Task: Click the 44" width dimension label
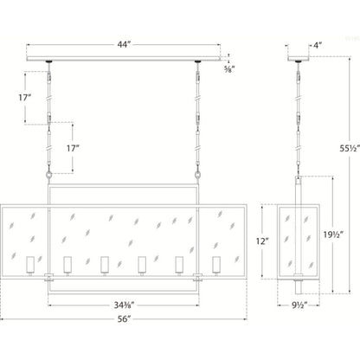click(124, 45)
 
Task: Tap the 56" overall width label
click(124, 319)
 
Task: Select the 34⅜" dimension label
click(124, 305)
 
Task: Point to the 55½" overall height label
click(350, 148)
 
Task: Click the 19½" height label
click(333, 235)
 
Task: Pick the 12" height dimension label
click(262, 241)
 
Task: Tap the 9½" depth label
click(298, 305)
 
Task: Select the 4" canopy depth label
click(318, 45)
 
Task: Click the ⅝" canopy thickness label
click(229, 69)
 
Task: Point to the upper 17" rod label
click(25, 98)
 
